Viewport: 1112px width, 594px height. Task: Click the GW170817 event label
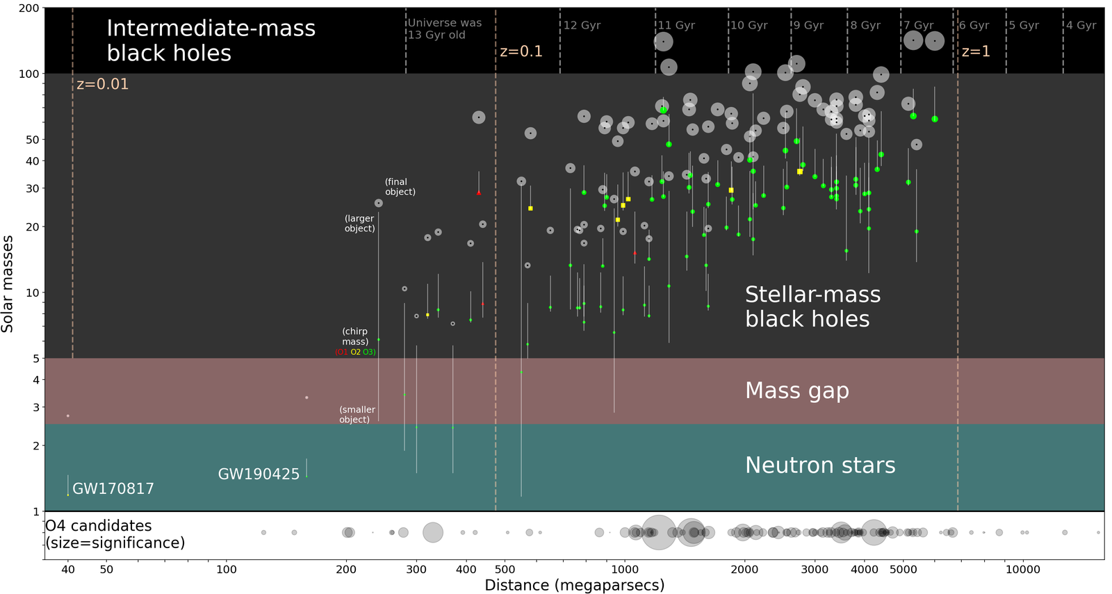[113, 488]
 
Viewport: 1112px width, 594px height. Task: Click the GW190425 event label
[259, 474]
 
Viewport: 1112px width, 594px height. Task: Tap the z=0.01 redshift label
[102, 84]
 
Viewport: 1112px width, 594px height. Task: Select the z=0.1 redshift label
[521, 51]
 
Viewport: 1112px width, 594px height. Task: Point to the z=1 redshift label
[976, 51]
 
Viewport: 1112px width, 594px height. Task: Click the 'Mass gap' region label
[796, 390]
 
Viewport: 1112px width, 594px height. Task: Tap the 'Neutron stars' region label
[820, 465]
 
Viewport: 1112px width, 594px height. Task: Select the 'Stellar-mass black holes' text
[812, 306]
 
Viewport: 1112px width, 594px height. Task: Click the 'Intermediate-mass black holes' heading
[211, 40]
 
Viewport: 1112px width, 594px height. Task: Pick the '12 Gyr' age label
[582, 25]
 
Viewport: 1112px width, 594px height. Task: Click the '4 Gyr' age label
[1081, 25]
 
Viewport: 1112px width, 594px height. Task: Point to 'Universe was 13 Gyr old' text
[444, 28]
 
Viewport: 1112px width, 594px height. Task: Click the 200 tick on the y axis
[28, 8]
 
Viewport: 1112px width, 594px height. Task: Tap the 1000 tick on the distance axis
[624, 570]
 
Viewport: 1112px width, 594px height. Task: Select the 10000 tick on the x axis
[1023, 570]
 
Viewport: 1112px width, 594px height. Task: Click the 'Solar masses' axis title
[8, 284]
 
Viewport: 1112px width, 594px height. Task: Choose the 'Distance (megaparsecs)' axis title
[574, 585]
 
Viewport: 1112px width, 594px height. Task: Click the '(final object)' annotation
[400, 187]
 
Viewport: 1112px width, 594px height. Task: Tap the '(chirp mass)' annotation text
[354, 336]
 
